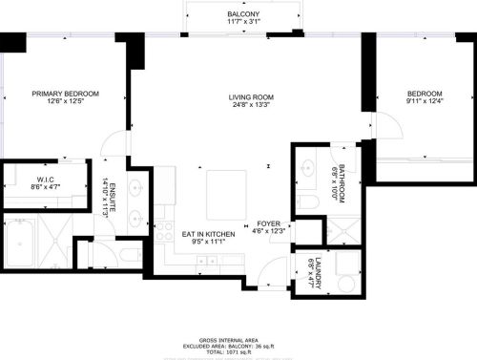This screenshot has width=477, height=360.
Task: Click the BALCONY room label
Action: click(243, 14)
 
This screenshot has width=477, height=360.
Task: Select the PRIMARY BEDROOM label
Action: click(65, 94)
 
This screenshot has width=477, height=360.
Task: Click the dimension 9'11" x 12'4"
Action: click(425, 102)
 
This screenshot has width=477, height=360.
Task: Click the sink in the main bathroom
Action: click(307, 169)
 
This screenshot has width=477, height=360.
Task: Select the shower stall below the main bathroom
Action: click(341, 229)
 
